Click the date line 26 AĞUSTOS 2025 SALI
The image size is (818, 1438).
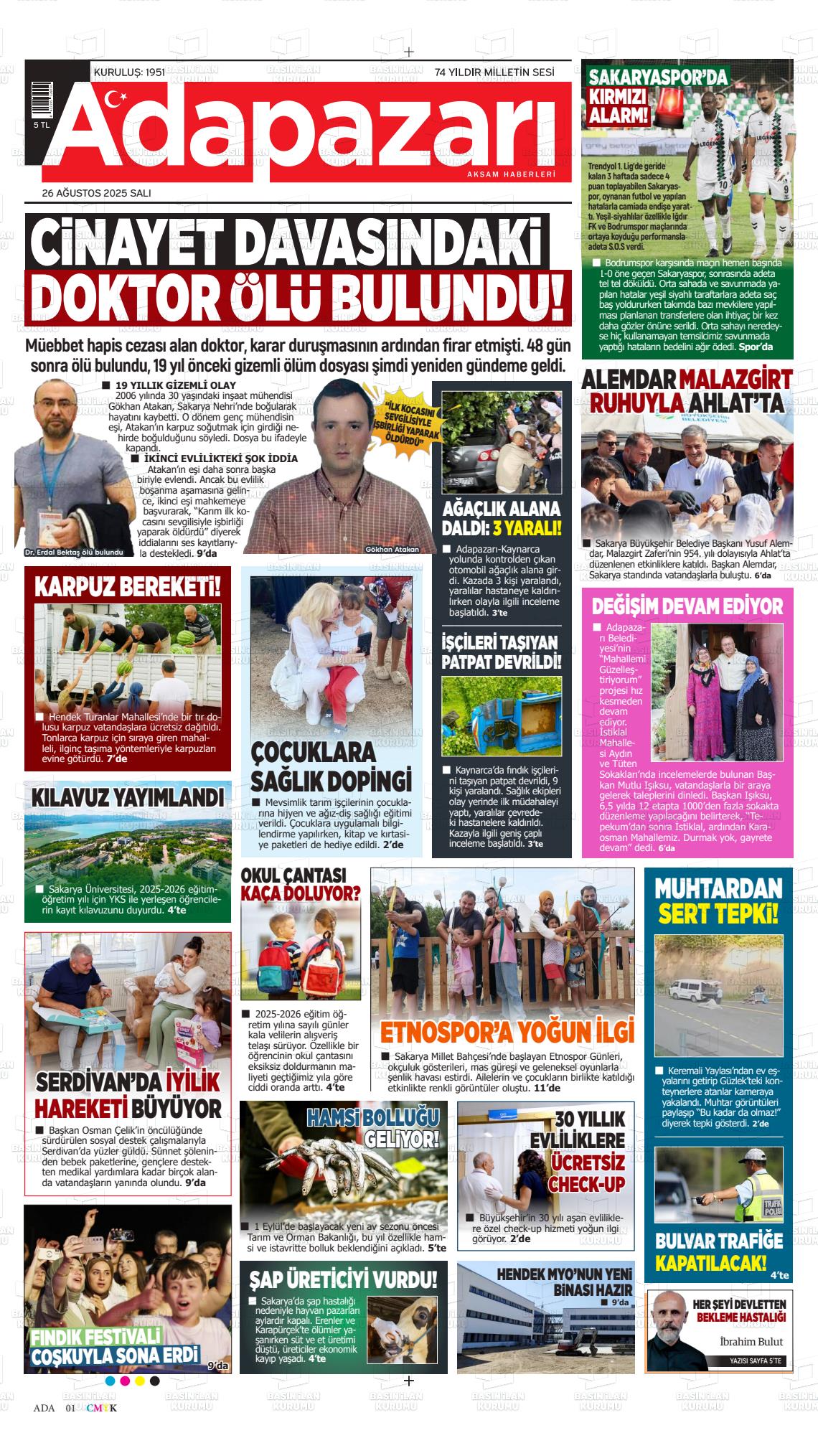96,193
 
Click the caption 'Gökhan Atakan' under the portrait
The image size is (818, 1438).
392,549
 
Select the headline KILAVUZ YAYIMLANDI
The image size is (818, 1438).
128,799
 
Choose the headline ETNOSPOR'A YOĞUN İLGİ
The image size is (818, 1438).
507,1031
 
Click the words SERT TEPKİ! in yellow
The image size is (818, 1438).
718,913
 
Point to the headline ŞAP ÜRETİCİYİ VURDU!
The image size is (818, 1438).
343,1279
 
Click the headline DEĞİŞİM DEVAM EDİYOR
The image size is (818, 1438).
687,606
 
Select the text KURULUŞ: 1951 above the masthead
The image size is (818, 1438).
129,72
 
